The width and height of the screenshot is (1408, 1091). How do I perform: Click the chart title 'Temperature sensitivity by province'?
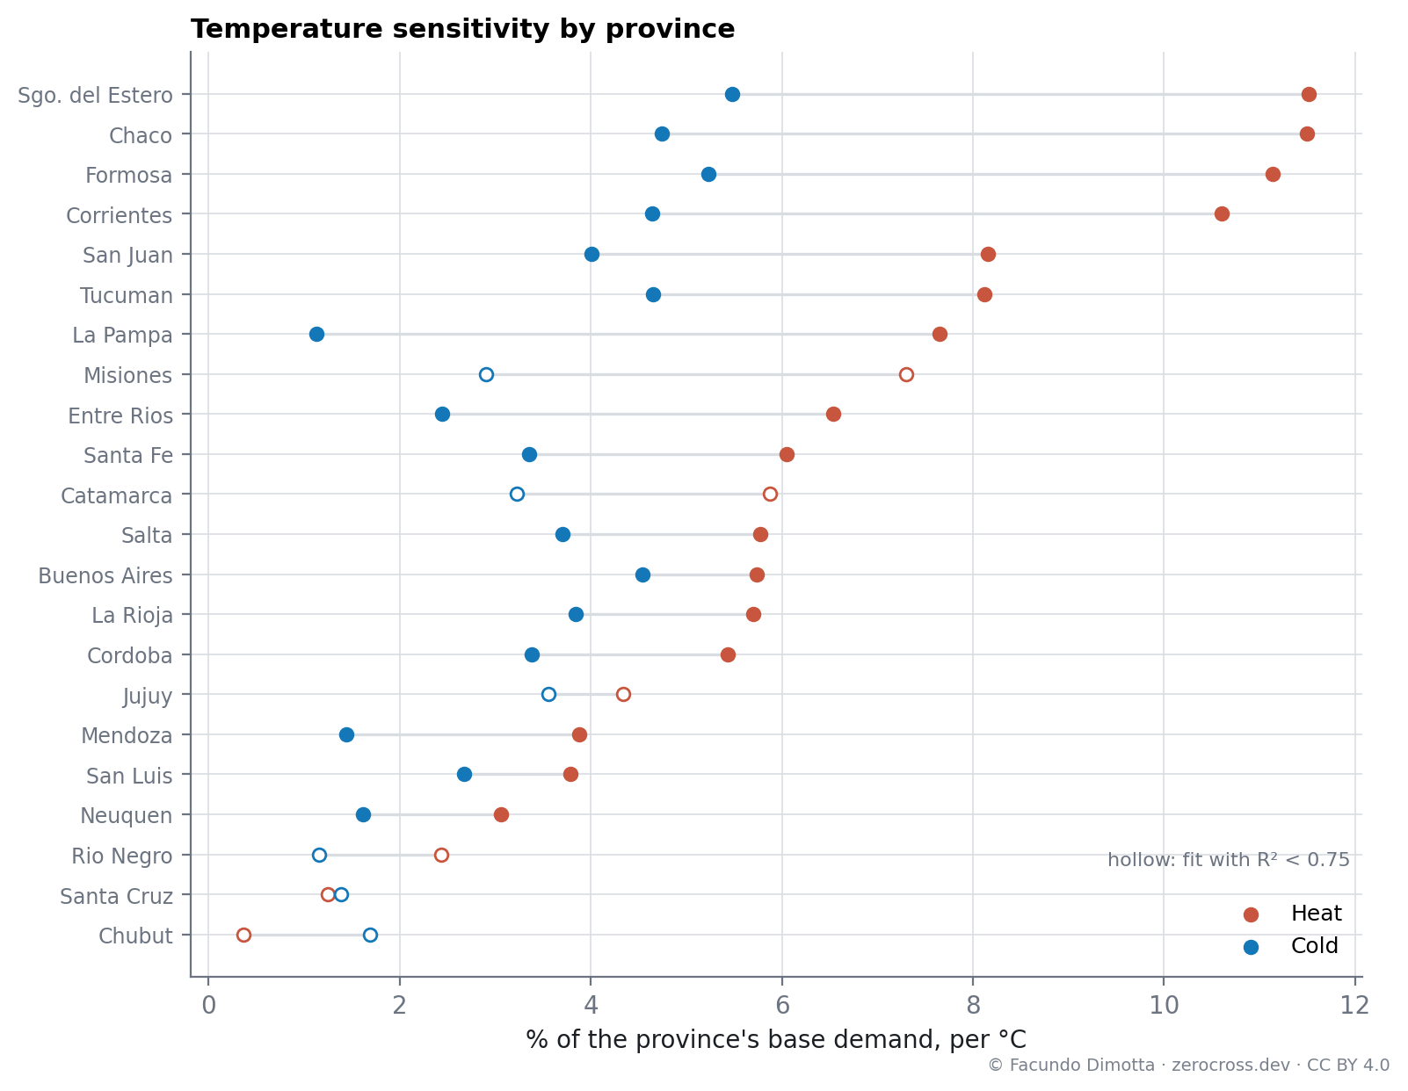tap(462, 29)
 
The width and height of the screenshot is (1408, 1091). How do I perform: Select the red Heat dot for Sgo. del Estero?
tap(1308, 95)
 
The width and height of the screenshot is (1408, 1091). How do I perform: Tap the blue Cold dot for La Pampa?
tap(316, 334)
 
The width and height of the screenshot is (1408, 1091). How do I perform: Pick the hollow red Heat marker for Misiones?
tap(905, 374)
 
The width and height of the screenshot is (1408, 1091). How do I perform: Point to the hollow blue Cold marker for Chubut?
tap(370, 935)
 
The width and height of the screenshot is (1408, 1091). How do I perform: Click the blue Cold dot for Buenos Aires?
tap(642, 574)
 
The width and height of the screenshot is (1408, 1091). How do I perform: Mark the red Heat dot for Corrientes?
tap(1221, 213)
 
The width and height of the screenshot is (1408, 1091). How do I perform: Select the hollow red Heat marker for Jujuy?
tap(622, 694)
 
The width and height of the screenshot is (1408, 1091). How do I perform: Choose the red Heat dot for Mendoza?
tap(579, 734)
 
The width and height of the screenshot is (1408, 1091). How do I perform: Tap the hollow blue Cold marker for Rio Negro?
tap(319, 855)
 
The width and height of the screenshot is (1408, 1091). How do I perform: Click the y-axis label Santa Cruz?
tap(116, 896)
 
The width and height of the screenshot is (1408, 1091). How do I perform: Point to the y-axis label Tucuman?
tap(126, 295)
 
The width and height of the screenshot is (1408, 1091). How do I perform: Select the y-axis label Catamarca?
tap(116, 495)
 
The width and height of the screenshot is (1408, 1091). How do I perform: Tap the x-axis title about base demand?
tap(775, 1039)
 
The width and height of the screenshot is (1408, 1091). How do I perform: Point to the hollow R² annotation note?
tap(1227, 859)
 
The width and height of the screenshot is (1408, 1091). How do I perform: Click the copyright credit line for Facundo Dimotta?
tap(1187, 1066)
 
